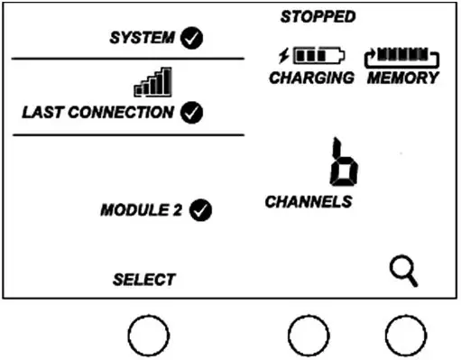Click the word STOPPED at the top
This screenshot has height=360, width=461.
pyautogui.click(x=318, y=16)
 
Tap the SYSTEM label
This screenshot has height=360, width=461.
pyautogui.click(x=143, y=39)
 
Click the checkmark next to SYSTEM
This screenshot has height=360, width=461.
pyautogui.click(x=192, y=39)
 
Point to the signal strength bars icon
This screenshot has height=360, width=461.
pyautogui.click(x=152, y=84)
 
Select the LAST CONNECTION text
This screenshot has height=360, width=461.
pyautogui.click(x=97, y=113)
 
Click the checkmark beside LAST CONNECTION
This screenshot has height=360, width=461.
pyautogui.click(x=192, y=113)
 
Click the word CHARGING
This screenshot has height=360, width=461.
pyautogui.click(x=311, y=78)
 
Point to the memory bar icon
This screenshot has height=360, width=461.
pyautogui.click(x=402, y=58)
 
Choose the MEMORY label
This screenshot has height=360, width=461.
pyautogui.click(x=402, y=78)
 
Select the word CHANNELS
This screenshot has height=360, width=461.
pyautogui.click(x=307, y=201)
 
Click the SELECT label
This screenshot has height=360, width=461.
pyautogui.click(x=143, y=279)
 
